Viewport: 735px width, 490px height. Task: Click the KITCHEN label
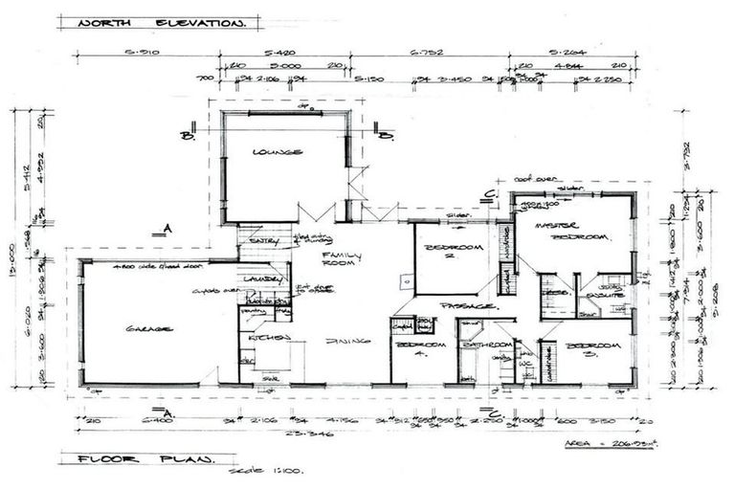pos(262,338)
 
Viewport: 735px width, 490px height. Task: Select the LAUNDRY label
pos(260,279)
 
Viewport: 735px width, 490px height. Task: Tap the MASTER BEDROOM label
pos(573,231)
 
